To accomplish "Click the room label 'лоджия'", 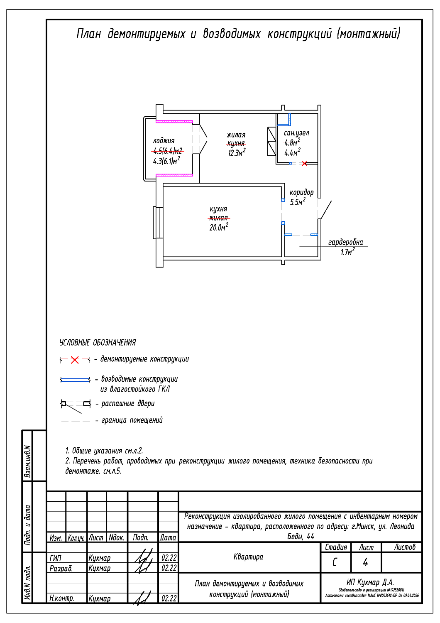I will point(164,141).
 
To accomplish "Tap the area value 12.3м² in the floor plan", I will point(236,153).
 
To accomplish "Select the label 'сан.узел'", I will point(296,133).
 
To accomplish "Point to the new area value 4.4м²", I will point(292,152).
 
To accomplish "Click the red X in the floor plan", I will point(304,163).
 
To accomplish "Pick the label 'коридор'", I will point(301,192).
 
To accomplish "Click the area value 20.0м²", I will point(218,227).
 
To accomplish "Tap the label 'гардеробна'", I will point(345,242).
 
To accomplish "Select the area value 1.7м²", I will point(347,252).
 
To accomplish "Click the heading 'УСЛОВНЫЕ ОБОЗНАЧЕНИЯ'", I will point(98,343).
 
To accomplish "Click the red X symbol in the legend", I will point(75,360).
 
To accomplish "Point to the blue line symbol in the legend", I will point(75,380).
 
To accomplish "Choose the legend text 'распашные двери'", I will point(128,403).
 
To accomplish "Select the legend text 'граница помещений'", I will point(132,420).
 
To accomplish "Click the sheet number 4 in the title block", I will point(365,562).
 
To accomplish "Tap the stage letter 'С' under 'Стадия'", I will point(335,562).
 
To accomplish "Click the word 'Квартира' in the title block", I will point(248,557).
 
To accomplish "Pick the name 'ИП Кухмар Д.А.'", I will point(370,582).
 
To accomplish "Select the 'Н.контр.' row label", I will point(62,598).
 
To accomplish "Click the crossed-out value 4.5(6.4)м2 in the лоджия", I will point(168,151).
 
